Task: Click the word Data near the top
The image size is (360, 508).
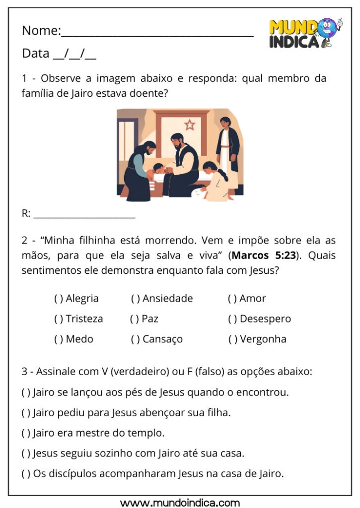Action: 36,54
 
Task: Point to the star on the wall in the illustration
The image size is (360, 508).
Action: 189,125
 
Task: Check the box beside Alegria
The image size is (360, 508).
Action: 59,299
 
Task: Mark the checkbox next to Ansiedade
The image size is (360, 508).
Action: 136,299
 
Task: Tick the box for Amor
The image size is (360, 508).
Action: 232,299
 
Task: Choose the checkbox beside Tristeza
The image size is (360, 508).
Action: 59,319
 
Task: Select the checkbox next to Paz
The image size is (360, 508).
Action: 135,319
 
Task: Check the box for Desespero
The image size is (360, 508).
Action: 232,319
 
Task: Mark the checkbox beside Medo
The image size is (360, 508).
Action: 59,339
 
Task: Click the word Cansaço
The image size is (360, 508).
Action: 162,339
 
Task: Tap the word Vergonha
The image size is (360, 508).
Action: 263,339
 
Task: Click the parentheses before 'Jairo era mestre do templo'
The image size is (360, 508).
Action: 26,433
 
